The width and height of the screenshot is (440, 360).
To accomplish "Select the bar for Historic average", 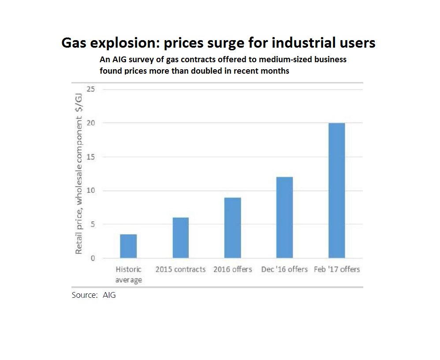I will (x=128, y=246).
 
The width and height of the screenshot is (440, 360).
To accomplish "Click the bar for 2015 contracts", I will (x=180, y=238).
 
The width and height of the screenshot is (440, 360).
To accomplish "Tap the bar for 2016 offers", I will (x=232, y=228).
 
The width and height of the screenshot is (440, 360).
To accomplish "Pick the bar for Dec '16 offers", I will (x=284, y=217).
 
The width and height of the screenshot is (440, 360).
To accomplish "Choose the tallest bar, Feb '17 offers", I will (x=336, y=191).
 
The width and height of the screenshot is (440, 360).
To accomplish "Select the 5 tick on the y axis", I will (x=92, y=225).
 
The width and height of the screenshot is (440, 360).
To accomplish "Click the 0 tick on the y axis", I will (x=92, y=259).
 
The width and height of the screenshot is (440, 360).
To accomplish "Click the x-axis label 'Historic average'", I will (x=128, y=274).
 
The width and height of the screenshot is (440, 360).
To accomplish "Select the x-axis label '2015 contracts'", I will (x=180, y=269).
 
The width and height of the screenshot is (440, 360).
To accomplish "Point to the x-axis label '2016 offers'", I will (x=232, y=269).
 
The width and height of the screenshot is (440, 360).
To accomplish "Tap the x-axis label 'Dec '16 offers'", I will (x=284, y=269).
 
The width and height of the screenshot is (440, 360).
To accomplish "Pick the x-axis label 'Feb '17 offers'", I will (x=336, y=269).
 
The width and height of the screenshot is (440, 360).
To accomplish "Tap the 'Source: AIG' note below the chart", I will (x=93, y=295).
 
